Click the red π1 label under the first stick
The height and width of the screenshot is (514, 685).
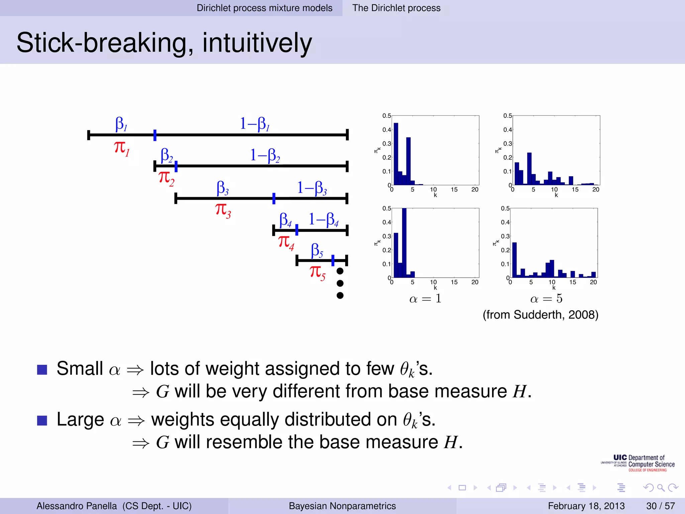121,148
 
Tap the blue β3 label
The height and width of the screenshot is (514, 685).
223,188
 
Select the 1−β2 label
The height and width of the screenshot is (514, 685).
265,156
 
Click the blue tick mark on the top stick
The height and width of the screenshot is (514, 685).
155,135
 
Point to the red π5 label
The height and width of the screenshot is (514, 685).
317,272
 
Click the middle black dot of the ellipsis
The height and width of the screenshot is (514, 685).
340,283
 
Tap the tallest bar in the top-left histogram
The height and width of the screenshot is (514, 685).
396,154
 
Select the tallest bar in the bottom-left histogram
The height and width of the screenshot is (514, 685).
404,243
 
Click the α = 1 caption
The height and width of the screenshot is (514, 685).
425,298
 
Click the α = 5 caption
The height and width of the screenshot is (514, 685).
546,298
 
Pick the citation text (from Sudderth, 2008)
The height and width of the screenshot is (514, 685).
540,315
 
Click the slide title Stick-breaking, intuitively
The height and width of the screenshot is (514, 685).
164,43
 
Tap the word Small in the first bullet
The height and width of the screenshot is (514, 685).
80,369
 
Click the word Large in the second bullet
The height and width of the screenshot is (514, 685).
80,420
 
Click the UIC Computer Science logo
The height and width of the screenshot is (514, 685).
638,463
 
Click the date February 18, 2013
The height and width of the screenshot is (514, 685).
586,506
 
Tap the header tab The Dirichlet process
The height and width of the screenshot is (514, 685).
396,8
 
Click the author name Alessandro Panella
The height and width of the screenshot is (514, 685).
77,506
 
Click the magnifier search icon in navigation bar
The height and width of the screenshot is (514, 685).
661,488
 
